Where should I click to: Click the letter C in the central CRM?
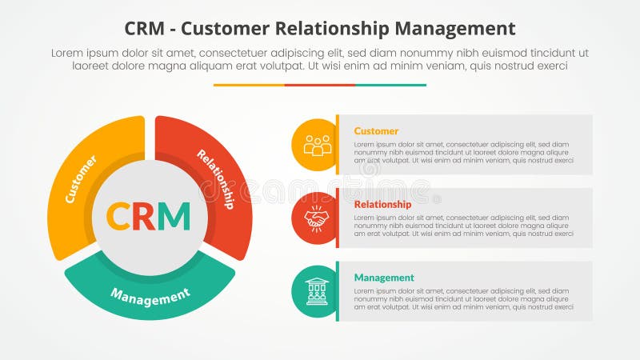[x=119, y=216]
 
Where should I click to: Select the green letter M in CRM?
[x=175, y=216]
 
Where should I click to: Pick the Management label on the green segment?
[x=150, y=296]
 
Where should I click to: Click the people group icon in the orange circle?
[x=317, y=145]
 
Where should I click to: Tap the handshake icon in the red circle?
[x=317, y=218]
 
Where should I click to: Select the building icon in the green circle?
[x=317, y=291]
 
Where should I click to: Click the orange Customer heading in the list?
[x=376, y=131]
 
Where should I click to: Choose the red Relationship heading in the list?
[x=382, y=204]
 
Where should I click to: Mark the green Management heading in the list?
[x=384, y=278]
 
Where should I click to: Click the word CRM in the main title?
[x=148, y=29]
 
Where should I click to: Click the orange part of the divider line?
[x=249, y=85]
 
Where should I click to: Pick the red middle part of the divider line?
[x=320, y=85]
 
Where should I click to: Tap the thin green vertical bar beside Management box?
[x=338, y=291]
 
